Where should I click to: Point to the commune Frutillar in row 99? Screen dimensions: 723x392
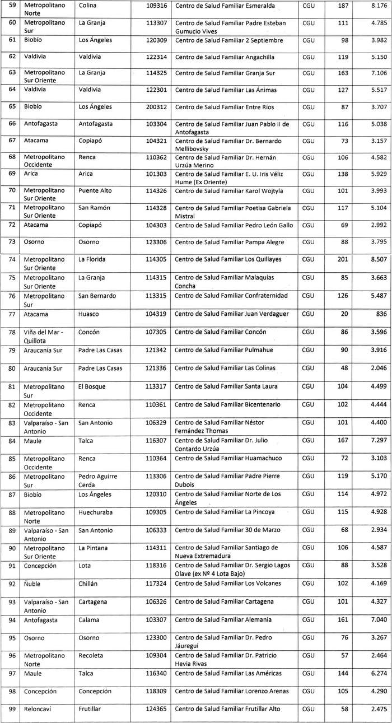click(x=90, y=708)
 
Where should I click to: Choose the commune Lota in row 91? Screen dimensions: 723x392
click(x=85, y=566)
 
